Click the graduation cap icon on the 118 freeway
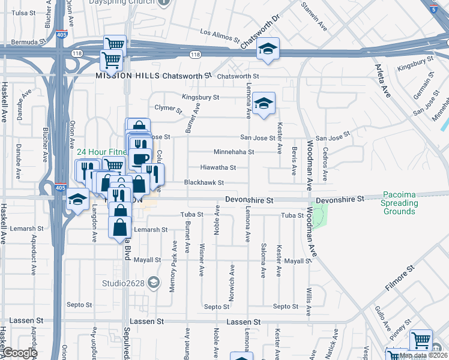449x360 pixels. [268, 50]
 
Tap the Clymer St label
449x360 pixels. [168, 109]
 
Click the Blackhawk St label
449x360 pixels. [204, 182]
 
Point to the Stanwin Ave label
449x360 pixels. [315, 18]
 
